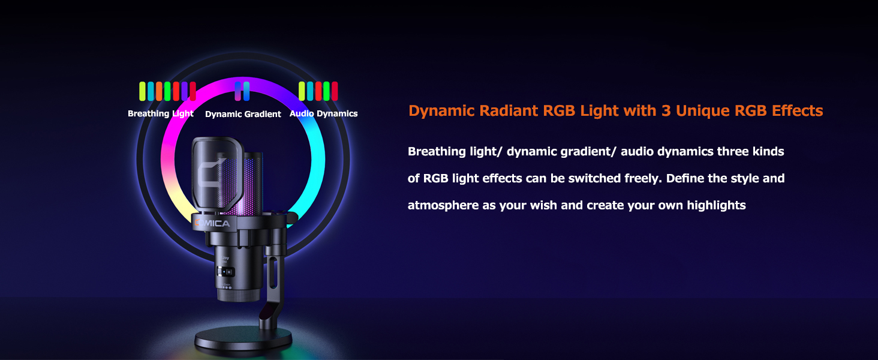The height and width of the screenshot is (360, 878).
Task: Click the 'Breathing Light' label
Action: (x=161, y=114)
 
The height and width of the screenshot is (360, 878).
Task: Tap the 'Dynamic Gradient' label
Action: (x=243, y=114)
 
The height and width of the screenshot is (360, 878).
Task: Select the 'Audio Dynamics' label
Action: (x=323, y=114)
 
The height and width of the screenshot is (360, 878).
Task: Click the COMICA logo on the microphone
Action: (x=212, y=223)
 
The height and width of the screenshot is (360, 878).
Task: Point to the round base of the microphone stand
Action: (x=243, y=340)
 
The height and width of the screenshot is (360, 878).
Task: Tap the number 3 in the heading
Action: (x=666, y=110)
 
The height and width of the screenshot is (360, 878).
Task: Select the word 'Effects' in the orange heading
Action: (x=797, y=110)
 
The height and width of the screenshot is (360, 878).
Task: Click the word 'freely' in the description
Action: (x=644, y=178)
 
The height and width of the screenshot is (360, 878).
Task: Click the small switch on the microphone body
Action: (x=225, y=271)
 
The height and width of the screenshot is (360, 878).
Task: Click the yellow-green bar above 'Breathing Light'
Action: (x=142, y=91)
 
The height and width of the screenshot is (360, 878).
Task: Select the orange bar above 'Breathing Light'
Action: (x=159, y=91)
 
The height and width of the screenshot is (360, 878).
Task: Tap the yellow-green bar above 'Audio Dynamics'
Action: (x=302, y=91)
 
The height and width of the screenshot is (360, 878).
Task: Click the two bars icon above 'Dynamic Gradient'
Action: (x=242, y=91)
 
